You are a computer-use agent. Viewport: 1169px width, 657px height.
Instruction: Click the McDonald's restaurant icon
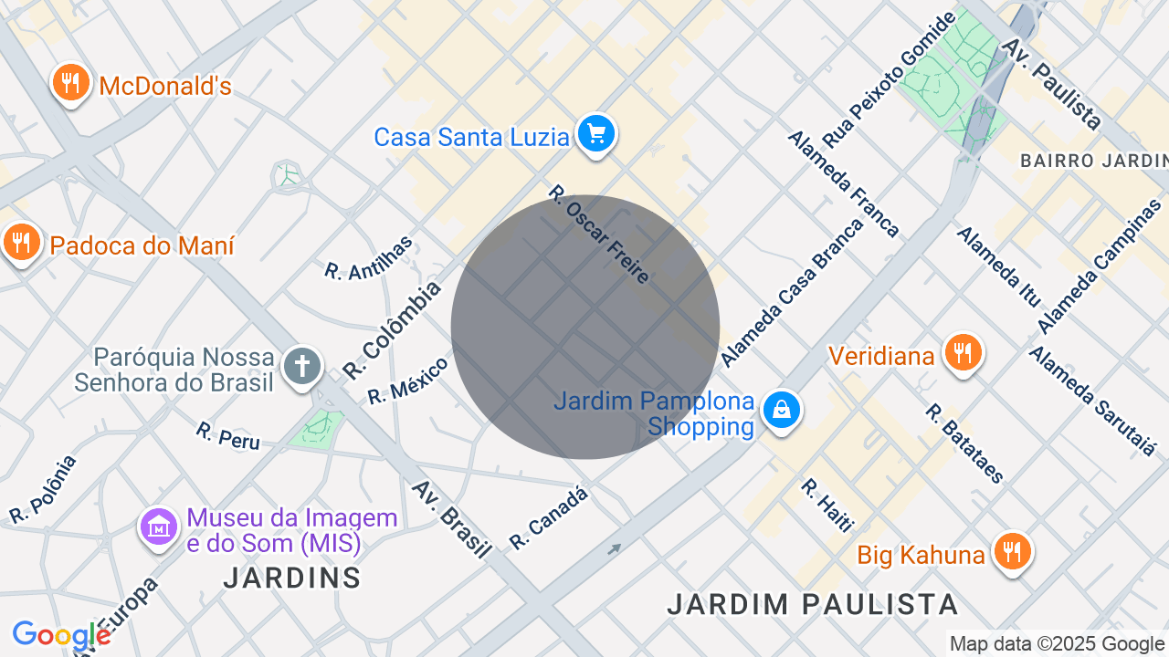(x=70, y=83)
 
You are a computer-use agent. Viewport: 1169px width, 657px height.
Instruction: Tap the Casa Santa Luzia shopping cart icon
(x=596, y=135)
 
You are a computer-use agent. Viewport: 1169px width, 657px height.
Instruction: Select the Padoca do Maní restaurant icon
(x=20, y=243)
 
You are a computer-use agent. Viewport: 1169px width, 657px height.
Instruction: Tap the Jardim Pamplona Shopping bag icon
(x=782, y=411)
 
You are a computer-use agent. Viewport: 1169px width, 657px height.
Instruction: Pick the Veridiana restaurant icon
(x=963, y=352)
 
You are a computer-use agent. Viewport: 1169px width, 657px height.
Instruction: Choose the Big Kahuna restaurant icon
(x=1013, y=552)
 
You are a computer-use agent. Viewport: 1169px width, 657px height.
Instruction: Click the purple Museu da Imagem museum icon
(x=159, y=527)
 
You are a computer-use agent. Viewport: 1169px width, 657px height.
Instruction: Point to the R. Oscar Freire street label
(x=598, y=234)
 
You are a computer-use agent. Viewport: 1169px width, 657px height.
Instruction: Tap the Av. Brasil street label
(x=451, y=518)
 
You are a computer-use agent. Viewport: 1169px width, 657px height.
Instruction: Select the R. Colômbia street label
(x=392, y=330)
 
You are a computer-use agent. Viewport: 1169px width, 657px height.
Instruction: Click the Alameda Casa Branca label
(x=792, y=292)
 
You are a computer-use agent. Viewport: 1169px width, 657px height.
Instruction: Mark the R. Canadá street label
(x=548, y=518)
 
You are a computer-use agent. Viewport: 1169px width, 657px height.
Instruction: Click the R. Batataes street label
(x=964, y=443)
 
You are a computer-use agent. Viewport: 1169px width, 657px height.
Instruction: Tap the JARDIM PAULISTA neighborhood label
(x=812, y=604)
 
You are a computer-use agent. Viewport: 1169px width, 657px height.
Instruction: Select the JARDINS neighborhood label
(x=292, y=578)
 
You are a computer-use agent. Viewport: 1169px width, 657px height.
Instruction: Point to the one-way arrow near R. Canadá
(x=615, y=549)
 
